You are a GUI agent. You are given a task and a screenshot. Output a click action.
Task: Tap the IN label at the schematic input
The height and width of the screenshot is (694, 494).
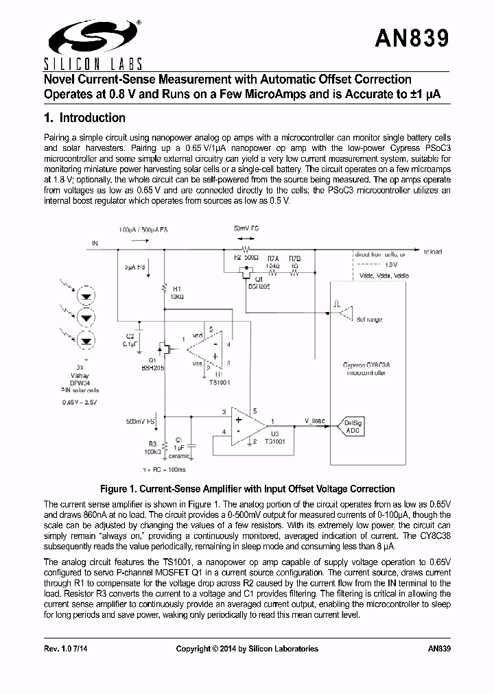[95, 243]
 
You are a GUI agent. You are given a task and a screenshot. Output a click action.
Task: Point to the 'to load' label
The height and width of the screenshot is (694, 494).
[434, 252]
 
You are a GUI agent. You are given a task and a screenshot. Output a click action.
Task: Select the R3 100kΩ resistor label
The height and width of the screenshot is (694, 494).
[153, 448]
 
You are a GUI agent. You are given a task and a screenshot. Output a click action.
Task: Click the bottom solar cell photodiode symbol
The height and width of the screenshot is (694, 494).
[87, 339]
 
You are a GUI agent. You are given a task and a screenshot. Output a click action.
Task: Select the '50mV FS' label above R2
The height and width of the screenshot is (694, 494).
[246, 228]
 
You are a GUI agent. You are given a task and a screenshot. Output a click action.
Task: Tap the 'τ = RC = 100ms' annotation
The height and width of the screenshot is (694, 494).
[165, 469]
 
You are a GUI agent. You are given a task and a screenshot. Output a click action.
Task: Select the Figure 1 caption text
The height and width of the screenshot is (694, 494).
[247, 489]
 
